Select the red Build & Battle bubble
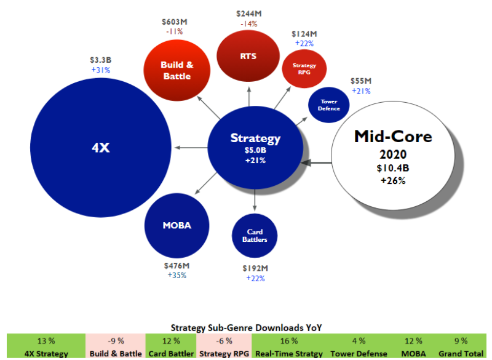[x=177, y=70]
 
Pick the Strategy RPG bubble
[x=304, y=69]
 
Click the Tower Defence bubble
[x=328, y=105]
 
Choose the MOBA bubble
[x=177, y=225]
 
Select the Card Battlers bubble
[x=255, y=236]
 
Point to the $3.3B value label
[x=100, y=60]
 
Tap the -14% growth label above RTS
[x=248, y=23]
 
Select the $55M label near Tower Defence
[x=360, y=81]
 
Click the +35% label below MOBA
[x=177, y=275]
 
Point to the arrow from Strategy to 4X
[x=191, y=148]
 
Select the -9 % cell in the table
[x=116, y=340]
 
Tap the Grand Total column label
[x=461, y=354]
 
